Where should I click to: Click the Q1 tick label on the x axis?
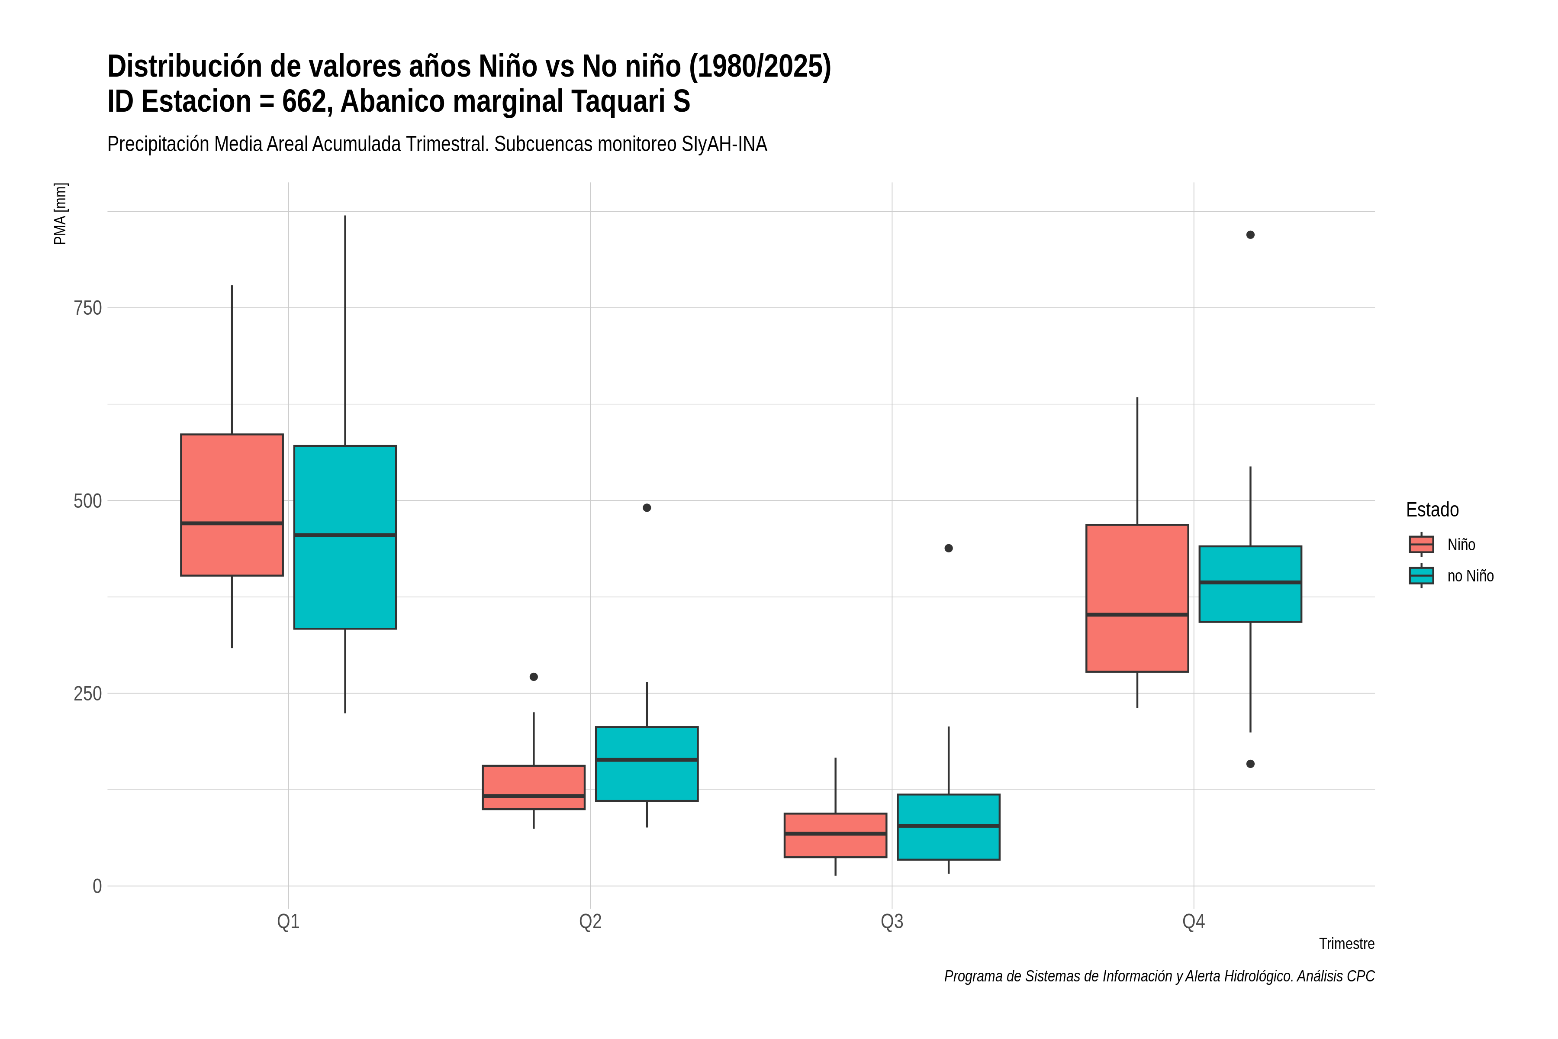[288, 922]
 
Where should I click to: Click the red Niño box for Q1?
[232, 505]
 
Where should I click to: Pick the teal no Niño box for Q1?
[345, 537]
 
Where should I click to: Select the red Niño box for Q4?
[1137, 598]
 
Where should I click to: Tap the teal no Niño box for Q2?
[647, 764]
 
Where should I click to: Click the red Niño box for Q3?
[835, 836]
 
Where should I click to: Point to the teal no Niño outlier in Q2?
[647, 507]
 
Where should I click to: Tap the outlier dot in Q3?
[949, 548]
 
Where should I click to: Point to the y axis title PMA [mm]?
[60, 214]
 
